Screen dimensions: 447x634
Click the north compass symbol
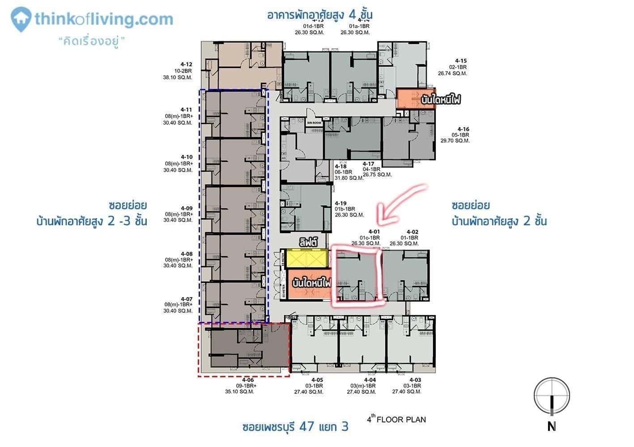click(552, 396)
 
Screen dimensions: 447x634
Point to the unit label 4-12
click(186, 64)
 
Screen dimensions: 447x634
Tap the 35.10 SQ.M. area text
click(239, 392)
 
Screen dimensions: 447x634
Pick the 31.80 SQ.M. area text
click(349, 178)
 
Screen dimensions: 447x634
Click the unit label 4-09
click(187, 208)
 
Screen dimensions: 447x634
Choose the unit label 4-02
click(412, 232)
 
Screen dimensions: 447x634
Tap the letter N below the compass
click(552, 427)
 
